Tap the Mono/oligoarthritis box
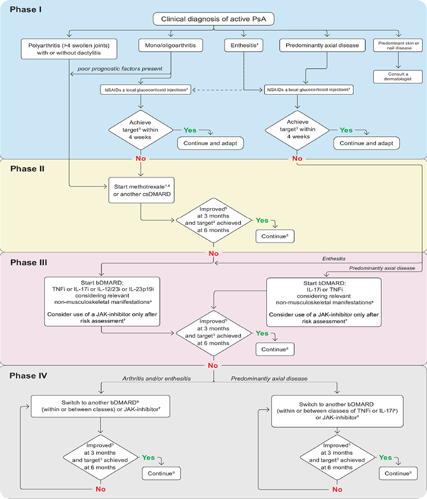pos(170,45)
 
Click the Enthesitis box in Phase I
pos(244,45)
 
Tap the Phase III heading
pos(29,262)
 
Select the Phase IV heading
pos(29,375)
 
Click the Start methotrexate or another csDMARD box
pos(140,189)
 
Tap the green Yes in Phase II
pos(262,220)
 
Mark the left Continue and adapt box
pos(210,143)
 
